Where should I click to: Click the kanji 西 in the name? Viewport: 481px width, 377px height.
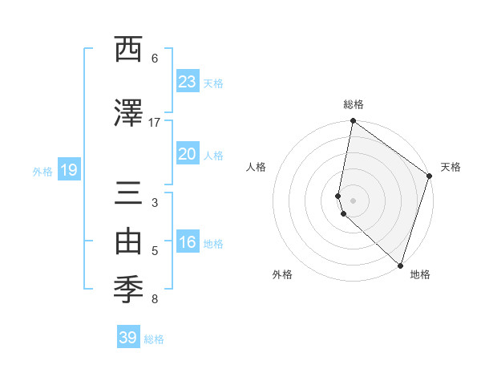pos(127,50)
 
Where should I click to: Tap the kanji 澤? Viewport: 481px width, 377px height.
pos(127,114)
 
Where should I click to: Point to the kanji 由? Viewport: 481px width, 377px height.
pos(127,242)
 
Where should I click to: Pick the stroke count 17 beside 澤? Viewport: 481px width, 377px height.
pos(155,123)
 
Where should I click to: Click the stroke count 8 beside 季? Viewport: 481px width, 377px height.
pos(155,300)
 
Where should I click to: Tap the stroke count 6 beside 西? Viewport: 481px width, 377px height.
pos(155,59)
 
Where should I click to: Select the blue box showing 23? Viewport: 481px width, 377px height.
pos(187,82)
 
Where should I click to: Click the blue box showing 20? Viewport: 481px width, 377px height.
pos(187,154)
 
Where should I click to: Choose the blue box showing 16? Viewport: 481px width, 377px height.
pos(187,242)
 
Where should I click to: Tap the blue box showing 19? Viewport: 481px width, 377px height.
pos(68,170)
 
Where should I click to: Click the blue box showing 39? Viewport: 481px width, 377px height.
pos(128,338)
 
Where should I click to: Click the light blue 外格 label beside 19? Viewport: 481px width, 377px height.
pos(42,171)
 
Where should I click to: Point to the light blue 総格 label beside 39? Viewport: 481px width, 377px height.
pos(155,339)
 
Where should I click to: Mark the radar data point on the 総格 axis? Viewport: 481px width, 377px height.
pos(353,122)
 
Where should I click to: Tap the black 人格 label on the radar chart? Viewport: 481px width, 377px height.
pos(257,167)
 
